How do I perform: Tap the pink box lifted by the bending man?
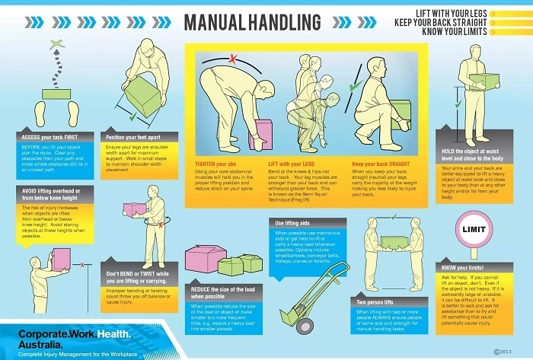point(263,129)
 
